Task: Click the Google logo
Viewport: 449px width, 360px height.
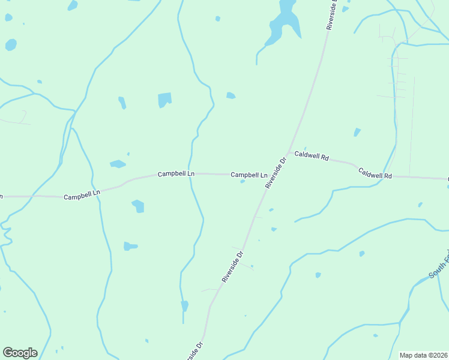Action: (20, 353)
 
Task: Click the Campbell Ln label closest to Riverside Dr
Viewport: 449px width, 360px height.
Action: (249, 175)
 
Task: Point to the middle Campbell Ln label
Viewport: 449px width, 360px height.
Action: (176, 173)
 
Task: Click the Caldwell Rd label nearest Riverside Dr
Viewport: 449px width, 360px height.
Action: (312, 157)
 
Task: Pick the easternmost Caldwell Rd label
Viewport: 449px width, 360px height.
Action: (375, 173)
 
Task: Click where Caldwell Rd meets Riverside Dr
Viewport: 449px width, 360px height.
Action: (289, 152)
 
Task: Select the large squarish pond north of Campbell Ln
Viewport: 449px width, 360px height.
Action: (164, 100)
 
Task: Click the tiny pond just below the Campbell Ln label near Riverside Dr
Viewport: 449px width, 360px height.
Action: (243, 181)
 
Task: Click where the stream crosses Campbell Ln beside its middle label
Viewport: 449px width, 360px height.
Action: (190, 173)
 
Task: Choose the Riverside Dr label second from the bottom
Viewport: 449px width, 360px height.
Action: (232, 267)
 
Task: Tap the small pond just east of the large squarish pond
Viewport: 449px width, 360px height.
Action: (231, 95)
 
